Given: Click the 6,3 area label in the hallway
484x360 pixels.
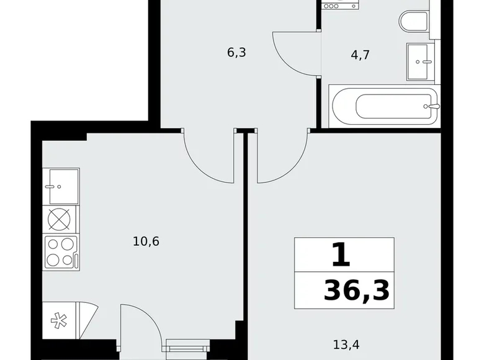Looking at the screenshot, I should [x=236, y=53].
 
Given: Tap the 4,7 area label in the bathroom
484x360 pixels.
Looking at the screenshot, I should [x=360, y=55].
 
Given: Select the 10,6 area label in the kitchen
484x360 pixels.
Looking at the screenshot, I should [x=146, y=241].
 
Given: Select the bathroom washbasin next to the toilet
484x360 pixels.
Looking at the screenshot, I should [x=423, y=62].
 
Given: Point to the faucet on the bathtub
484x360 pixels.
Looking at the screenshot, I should [x=432, y=106].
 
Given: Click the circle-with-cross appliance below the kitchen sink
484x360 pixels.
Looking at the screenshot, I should [x=60, y=219].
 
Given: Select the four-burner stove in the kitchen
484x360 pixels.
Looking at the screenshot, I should [x=60, y=253].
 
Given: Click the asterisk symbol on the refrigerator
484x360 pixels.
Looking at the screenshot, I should [x=60, y=322].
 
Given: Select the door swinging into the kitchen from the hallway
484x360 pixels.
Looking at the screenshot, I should [x=208, y=158].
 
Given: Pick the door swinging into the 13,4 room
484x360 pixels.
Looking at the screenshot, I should [x=282, y=158].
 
